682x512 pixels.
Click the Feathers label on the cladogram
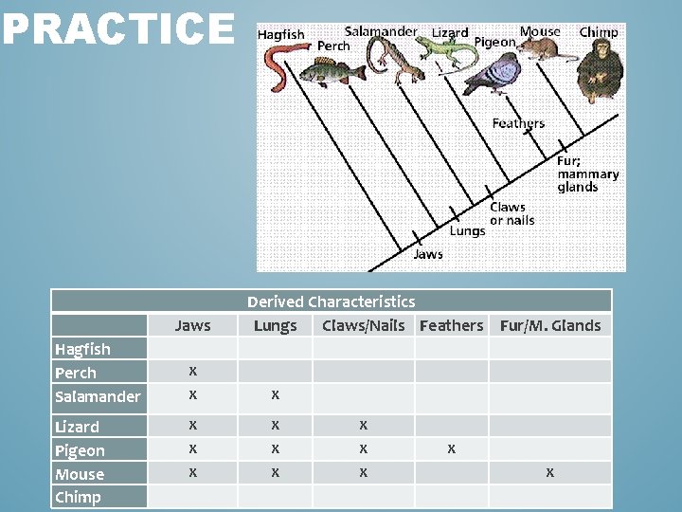click(518, 123)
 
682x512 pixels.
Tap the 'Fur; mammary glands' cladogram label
click(587, 174)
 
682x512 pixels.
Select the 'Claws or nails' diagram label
click(511, 213)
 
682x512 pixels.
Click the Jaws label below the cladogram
click(427, 254)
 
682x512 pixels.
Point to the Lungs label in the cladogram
click(467, 230)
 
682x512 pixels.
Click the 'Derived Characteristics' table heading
click(331, 302)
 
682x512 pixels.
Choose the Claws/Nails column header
click(363, 325)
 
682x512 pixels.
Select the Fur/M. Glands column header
click(549, 325)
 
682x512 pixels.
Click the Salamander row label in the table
click(97, 396)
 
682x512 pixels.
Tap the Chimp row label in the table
click(78, 497)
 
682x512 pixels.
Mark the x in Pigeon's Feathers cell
click(451, 448)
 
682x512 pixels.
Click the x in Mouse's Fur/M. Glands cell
click(549, 471)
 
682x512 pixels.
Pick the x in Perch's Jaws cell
click(192, 370)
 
